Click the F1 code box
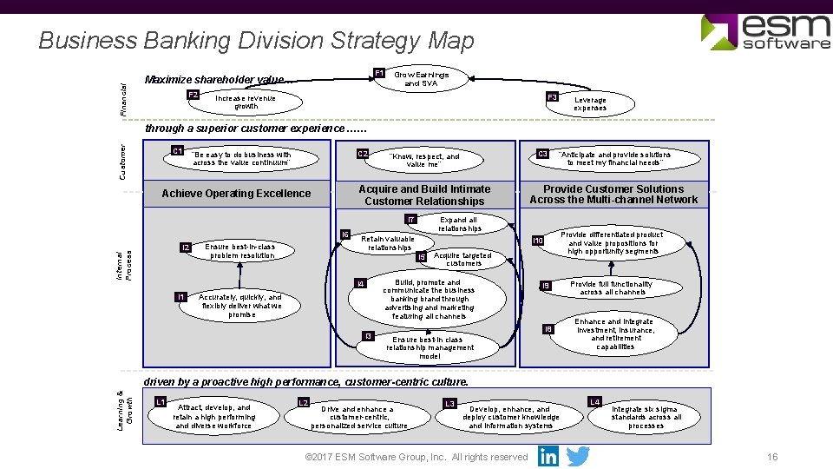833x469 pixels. pos(379,73)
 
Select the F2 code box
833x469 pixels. pos(193,95)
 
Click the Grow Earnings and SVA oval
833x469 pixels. pos(422,79)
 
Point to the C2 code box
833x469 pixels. pos(364,155)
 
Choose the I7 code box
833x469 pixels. pos(411,219)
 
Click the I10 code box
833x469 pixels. pos(538,241)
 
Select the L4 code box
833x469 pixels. pos(594,402)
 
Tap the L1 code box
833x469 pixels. pos(160,401)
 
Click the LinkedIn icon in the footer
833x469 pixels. pos(548,456)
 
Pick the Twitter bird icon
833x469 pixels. pos(578,456)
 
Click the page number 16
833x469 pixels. pos(772,457)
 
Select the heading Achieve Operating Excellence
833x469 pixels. pos(236,194)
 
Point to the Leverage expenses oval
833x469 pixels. pos(590,104)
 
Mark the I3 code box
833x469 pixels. pos(368,335)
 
